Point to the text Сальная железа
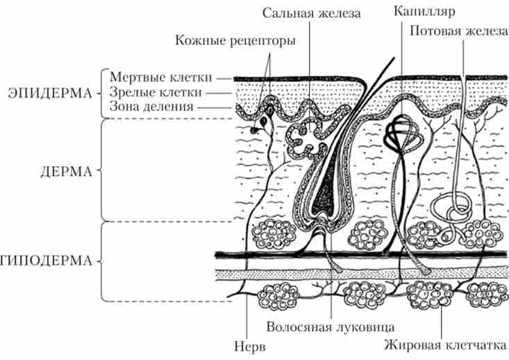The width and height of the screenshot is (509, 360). point(312,13)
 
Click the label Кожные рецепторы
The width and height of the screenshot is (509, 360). point(235,41)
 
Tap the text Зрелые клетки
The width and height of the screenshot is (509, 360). point(156,92)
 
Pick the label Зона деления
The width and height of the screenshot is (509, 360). point(151,107)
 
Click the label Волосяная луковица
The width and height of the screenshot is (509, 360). point(331,326)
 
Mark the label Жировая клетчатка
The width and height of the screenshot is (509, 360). point(444,345)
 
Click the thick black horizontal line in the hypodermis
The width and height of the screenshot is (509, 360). point(361,254)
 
